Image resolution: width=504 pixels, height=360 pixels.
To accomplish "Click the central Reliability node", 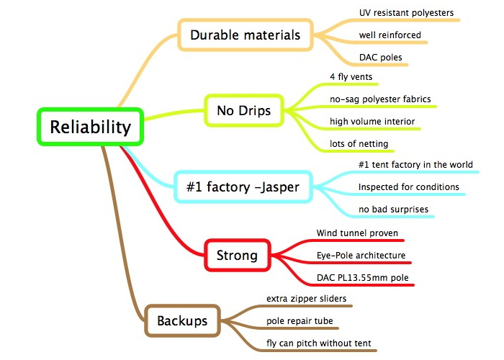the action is click(90, 127).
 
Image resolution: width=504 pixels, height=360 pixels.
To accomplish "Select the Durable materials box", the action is click(246, 35).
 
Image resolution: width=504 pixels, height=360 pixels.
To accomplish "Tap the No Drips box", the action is click(244, 110).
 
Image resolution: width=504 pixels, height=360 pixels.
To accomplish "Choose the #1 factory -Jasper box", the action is click(243, 186).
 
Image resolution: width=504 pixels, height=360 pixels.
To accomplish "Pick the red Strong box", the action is click(237, 255).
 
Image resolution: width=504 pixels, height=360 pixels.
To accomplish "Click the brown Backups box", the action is click(182, 320).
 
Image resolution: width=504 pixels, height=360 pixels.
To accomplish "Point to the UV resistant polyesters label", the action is click(406, 13).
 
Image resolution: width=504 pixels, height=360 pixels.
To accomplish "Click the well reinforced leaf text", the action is click(390, 35).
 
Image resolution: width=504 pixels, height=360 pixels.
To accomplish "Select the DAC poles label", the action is click(381, 57).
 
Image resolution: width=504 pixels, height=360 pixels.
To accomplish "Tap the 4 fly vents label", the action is click(351, 77).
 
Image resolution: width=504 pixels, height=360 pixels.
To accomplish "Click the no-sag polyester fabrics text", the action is click(380, 99).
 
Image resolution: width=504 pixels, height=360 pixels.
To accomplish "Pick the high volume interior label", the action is click(372, 121).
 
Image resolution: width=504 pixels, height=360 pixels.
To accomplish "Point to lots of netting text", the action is click(359, 144).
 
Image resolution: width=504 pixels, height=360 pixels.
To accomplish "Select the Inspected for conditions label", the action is click(408, 186).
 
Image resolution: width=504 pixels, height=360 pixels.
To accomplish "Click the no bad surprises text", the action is click(393, 210).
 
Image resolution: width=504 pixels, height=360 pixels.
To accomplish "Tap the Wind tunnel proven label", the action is click(357, 233).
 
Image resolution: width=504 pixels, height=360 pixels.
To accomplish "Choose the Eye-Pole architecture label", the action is click(361, 255).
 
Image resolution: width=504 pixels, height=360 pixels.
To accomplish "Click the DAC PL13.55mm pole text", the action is click(363, 277).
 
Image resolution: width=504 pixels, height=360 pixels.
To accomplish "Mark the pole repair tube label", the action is click(300, 321).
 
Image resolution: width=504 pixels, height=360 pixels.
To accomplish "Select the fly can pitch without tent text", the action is click(318, 343).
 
